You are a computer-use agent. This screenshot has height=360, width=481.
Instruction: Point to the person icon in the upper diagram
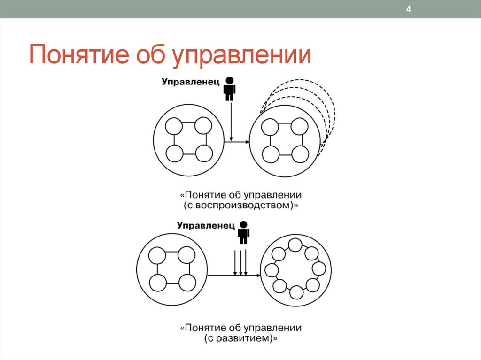(229, 89)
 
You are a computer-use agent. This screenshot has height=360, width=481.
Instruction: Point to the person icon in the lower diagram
(243, 232)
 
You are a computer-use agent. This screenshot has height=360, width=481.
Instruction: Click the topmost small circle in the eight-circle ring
(295, 245)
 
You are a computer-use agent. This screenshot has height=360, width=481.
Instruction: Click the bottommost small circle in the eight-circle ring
(296, 292)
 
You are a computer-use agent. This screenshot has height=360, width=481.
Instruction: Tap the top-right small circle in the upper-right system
(298, 127)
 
